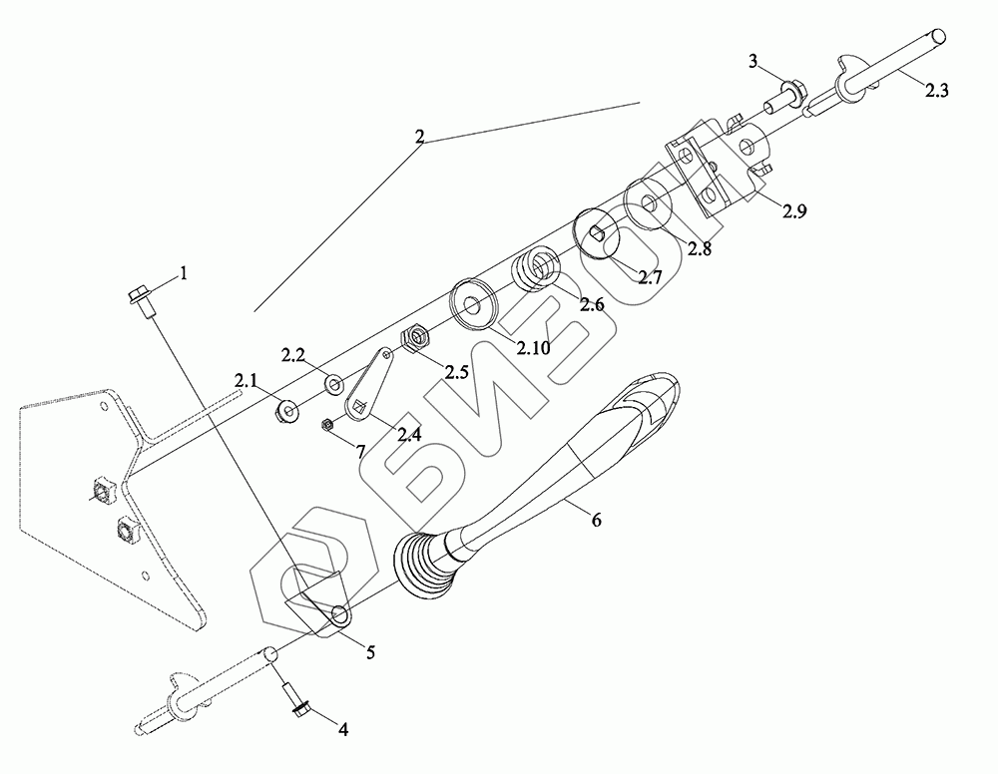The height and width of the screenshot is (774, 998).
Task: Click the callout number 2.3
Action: coord(936,91)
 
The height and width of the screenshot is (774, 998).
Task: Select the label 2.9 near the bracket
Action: coord(795,211)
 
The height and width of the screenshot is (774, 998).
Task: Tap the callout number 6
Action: coord(597,520)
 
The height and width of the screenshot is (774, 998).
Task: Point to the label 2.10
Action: coord(534,347)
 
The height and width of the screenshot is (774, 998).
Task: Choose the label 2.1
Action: coord(246,380)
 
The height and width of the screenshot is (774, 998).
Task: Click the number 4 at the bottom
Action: coord(342,729)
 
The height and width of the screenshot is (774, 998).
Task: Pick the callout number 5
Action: coord(370,653)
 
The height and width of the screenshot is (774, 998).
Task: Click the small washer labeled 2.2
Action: coord(332,382)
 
